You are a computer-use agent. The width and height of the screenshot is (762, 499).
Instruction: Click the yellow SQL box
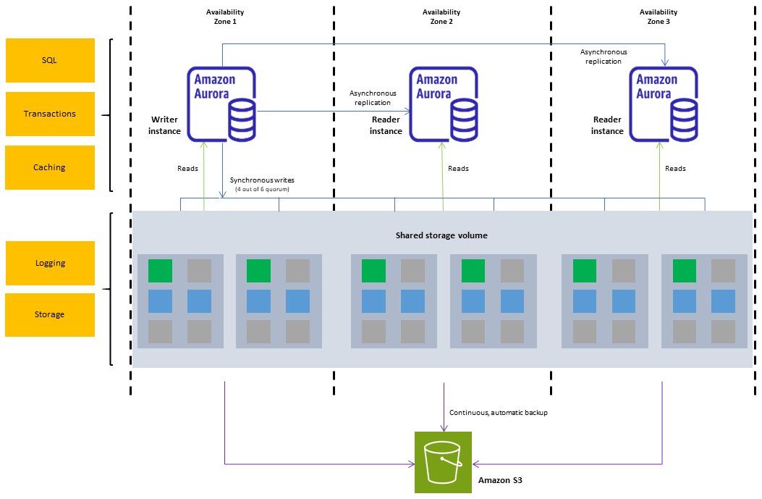50,60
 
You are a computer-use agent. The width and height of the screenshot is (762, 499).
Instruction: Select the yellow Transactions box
50,114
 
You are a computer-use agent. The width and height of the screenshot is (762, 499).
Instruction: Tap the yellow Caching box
50,167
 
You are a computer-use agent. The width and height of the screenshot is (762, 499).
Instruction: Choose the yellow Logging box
50,263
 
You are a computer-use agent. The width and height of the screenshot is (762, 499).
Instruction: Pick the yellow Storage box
50,314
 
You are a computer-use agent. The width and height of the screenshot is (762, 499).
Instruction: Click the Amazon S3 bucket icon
442,462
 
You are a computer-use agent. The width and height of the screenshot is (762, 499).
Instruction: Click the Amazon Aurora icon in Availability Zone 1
221,104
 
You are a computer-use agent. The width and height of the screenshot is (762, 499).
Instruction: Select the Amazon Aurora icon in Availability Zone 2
444,104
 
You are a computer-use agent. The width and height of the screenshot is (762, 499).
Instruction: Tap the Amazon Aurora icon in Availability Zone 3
664,104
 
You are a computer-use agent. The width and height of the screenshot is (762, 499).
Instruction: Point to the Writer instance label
164,125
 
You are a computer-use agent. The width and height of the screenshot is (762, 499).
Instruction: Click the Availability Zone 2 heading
441,17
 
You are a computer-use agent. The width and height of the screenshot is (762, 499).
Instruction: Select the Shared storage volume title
441,235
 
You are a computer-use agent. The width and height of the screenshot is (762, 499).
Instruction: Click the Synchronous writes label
262,180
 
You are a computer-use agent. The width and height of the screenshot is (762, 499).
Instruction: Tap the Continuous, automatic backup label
498,412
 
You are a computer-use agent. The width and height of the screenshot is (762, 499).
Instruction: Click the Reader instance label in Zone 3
607,125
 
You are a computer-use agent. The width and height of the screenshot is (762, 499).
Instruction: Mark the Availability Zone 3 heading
659,17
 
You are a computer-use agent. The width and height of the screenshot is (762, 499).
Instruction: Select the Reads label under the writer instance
187,168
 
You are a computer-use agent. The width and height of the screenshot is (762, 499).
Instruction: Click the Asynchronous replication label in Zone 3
604,56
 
